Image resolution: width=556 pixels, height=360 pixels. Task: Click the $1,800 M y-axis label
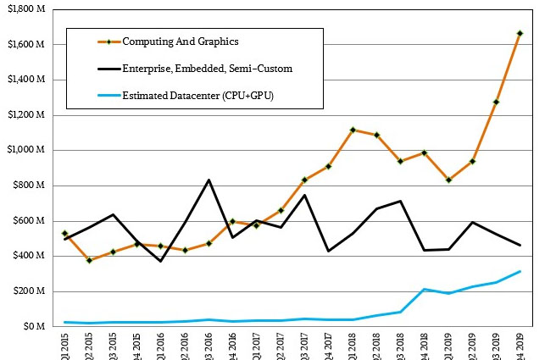click(25, 9)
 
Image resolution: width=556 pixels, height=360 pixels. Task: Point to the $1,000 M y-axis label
click(25, 151)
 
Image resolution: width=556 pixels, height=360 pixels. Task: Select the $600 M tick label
click(28, 221)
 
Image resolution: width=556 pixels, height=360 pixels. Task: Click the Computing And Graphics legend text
click(181, 42)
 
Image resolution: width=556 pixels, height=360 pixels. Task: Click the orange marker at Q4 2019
click(520, 34)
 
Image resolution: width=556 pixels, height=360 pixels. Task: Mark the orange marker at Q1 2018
click(352, 130)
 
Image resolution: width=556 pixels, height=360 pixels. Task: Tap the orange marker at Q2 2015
click(89, 260)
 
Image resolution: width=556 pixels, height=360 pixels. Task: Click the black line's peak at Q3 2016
click(208, 180)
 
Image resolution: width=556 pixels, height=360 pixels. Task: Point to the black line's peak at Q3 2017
click(304, 195)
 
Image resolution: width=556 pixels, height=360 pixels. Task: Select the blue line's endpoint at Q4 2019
click(520, 272)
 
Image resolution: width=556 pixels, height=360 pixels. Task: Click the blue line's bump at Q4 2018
click(424, 290)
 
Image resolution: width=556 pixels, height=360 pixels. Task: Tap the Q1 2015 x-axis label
click(65, 346)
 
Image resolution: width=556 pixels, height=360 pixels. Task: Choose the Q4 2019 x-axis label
click(520, 346)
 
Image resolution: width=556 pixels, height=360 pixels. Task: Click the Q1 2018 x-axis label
click(352, 346)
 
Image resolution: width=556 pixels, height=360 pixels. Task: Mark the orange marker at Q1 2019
click(448, 180)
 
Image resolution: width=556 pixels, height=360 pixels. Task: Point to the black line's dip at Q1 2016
click(161, 261)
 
